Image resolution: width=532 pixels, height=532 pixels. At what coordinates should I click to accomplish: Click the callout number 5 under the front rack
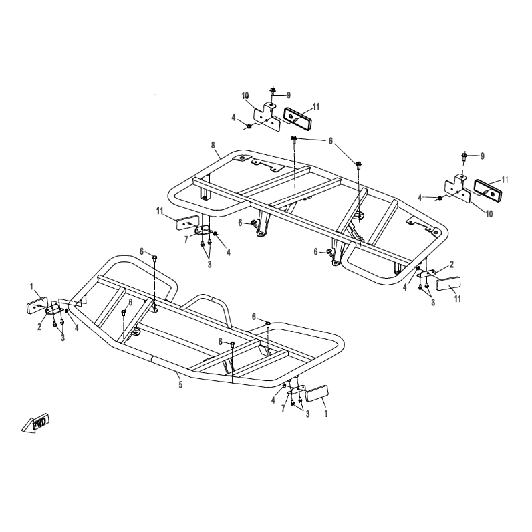180,385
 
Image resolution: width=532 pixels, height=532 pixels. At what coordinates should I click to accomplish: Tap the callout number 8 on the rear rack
213,145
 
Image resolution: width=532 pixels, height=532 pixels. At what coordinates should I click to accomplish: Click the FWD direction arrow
36,423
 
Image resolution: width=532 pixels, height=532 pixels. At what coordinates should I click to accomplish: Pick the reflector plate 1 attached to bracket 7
317,394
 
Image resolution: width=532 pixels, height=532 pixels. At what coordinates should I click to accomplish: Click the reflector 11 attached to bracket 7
187,222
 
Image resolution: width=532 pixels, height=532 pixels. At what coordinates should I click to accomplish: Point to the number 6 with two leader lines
330,141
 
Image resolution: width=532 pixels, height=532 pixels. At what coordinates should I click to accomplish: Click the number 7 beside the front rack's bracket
284,408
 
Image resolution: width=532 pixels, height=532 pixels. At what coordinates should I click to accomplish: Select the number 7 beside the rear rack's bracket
186,240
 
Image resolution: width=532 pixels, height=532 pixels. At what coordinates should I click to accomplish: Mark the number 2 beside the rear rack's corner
452,264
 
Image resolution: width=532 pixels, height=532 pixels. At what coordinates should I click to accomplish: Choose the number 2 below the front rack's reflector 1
39,327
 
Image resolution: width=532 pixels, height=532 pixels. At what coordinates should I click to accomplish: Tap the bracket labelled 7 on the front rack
296,390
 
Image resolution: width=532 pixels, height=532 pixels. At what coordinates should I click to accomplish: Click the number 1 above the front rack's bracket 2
31,287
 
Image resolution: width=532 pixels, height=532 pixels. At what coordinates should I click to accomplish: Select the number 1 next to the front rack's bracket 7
326,413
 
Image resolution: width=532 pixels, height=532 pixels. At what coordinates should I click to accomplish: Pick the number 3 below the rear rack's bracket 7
209,264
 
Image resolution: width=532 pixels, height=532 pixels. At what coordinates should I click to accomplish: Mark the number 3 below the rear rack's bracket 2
433,302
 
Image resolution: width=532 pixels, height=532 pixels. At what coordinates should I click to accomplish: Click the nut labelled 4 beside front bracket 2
67,311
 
